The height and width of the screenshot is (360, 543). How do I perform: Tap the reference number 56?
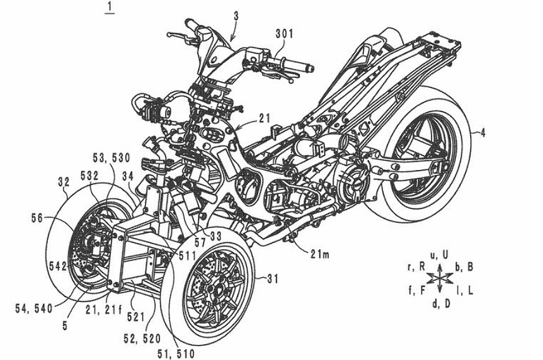point(37,218)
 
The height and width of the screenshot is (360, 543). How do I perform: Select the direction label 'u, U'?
point(440,254)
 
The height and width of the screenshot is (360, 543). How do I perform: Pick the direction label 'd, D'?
point(440,304)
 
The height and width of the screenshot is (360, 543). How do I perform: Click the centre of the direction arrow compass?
point(440,277)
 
